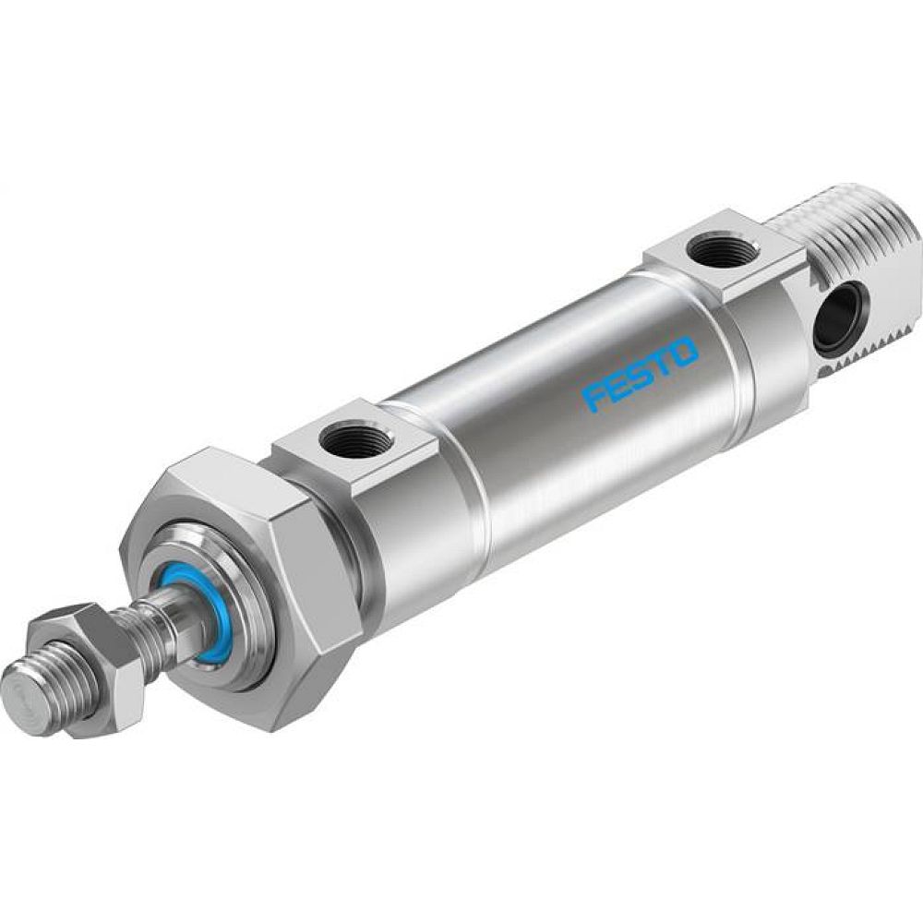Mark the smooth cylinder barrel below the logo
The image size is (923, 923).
591,461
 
